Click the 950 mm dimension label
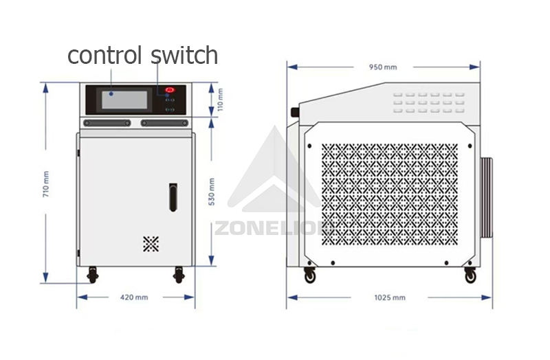point(383,67)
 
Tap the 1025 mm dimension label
point(390,297)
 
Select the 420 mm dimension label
point(134,297)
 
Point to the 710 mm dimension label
point(46,183)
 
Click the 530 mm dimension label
point(212,192)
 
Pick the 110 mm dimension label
point(220,100)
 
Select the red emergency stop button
point(170,90)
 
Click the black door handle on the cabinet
point(173,196)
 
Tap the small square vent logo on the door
point(151,243)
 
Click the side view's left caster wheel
point(310,275)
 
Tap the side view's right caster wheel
point(470,275)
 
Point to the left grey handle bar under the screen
point(107,123)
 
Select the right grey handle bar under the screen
point(164,123)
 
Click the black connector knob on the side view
point(296,111)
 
